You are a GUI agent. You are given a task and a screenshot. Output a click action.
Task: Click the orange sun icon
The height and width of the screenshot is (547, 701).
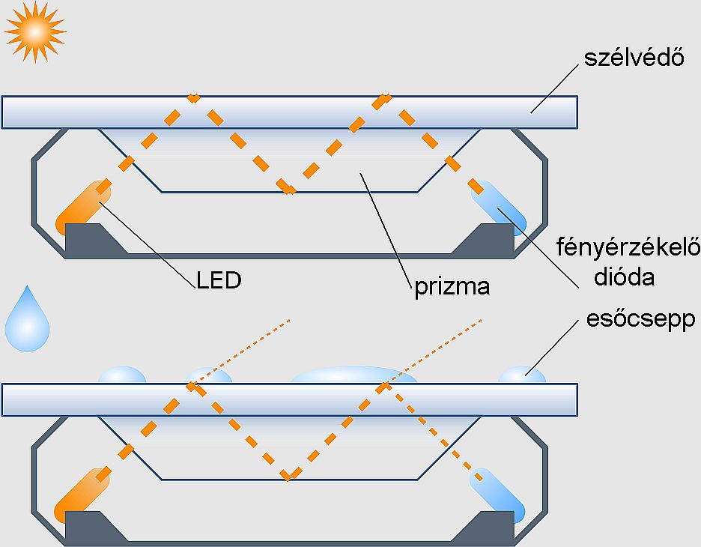pyautogui.click(x=34, y=31)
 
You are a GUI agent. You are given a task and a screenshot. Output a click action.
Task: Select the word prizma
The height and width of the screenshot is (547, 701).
pyautogui.click(x=452, y=287)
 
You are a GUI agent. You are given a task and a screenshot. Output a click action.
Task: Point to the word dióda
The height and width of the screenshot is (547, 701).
pyautogui.click(x=623, y=277)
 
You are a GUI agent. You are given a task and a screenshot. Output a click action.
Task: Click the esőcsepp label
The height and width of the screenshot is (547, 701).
pyautogui.click(x=640, y=320)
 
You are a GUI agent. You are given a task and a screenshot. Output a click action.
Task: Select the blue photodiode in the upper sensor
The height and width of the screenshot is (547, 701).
pyautogui.click(x=498, y=205)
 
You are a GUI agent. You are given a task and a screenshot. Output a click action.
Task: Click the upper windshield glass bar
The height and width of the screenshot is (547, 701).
pyautogui.click(x=289, y=112)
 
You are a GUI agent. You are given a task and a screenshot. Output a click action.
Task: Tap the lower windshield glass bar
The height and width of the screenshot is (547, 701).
pyautogui.click(x=289, y=399)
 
